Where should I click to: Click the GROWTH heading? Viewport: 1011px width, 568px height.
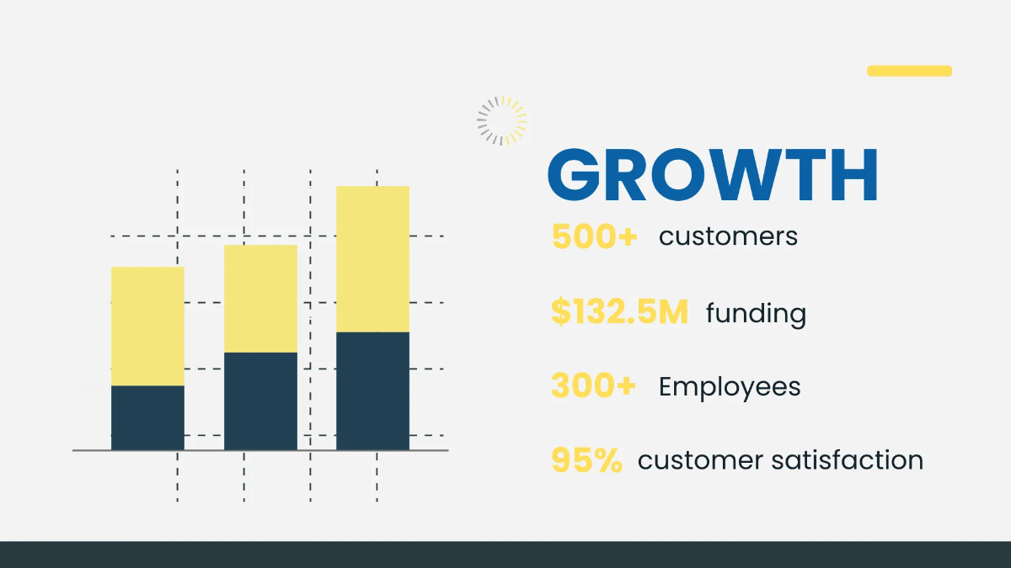click(x=713, y=174)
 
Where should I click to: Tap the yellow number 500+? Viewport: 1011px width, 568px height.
click(x=595, y=236)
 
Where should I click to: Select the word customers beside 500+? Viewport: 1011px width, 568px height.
click(x=728, y=236)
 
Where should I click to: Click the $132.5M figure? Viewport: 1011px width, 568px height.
click(x=620, y=311)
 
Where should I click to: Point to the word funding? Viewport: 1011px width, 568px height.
click(x=756, y=314)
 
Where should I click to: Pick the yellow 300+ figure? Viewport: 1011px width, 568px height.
click(x=593, y=386)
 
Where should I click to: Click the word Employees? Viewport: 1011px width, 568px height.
click(x=730, y=388)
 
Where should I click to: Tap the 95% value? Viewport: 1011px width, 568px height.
click(x=586, y=460)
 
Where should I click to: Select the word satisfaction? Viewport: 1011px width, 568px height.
click(x=848, y=460)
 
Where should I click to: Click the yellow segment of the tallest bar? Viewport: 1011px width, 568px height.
click(x=372, y=259)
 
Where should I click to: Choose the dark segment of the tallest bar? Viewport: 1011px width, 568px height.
click(x=372, y=391)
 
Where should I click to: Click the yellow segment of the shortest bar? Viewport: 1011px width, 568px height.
click(x=147, y=326)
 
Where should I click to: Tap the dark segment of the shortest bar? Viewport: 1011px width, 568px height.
click(x=147, y=418)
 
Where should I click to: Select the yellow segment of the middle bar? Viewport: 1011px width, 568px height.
click(x=260, y=299)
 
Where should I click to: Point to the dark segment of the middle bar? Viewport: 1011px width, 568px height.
click(x=260, y=401)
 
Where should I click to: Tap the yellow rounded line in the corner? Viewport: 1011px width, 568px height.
click(x=909, y=71)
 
